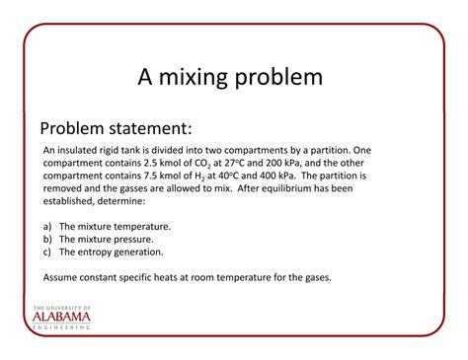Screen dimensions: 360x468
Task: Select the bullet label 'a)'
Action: pos(47,226)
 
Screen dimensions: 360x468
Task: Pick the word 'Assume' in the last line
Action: pos(61,277)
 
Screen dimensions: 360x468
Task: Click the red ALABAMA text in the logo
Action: pos(61,318)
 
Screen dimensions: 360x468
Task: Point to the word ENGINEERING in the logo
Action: pos(61,328)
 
